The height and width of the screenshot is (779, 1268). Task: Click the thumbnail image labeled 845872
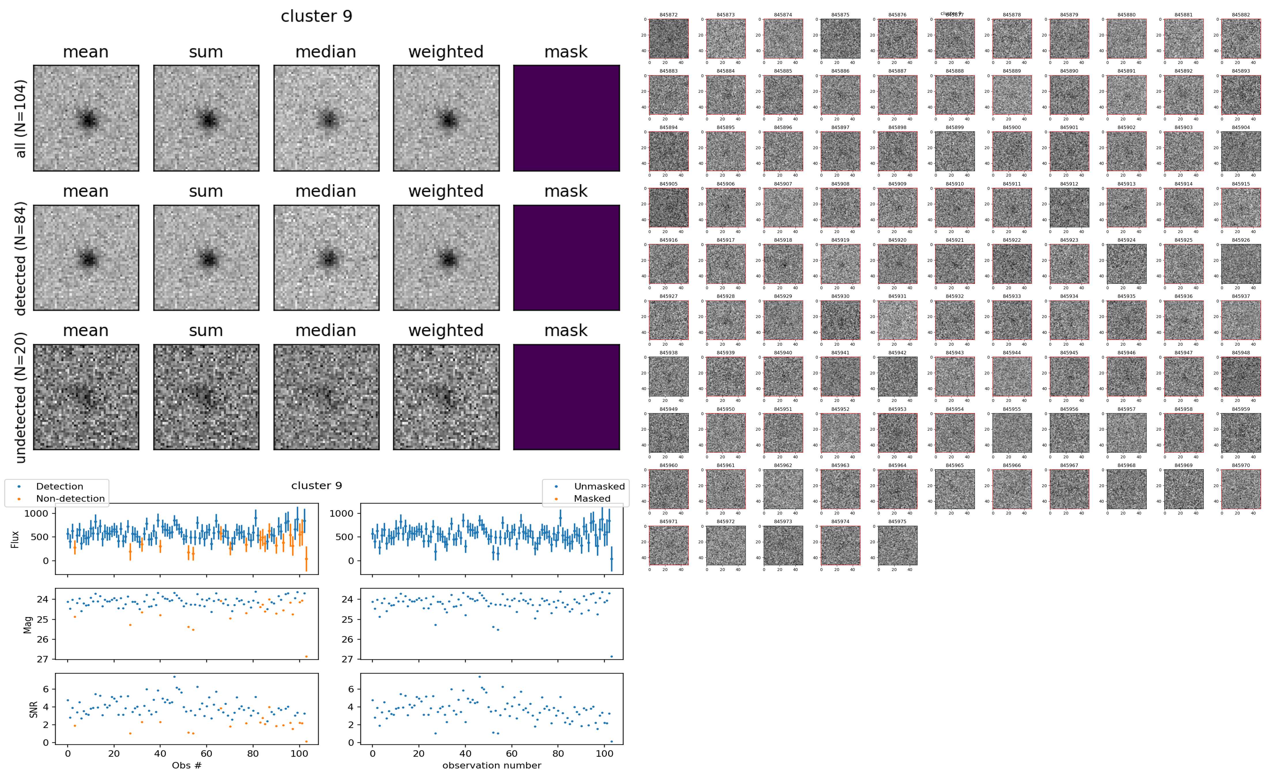tap(668, 39)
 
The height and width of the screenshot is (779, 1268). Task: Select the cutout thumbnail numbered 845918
tap(783, 264)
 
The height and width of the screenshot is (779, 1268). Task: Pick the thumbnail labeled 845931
tap(897, 320)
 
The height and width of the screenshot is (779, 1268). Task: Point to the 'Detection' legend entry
tap(59, 486)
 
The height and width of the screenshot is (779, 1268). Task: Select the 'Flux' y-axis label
tap(15, 539)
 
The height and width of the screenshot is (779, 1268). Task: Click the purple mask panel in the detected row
tap(566, 258)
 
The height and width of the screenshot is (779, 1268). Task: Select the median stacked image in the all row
tap(326, 118)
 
